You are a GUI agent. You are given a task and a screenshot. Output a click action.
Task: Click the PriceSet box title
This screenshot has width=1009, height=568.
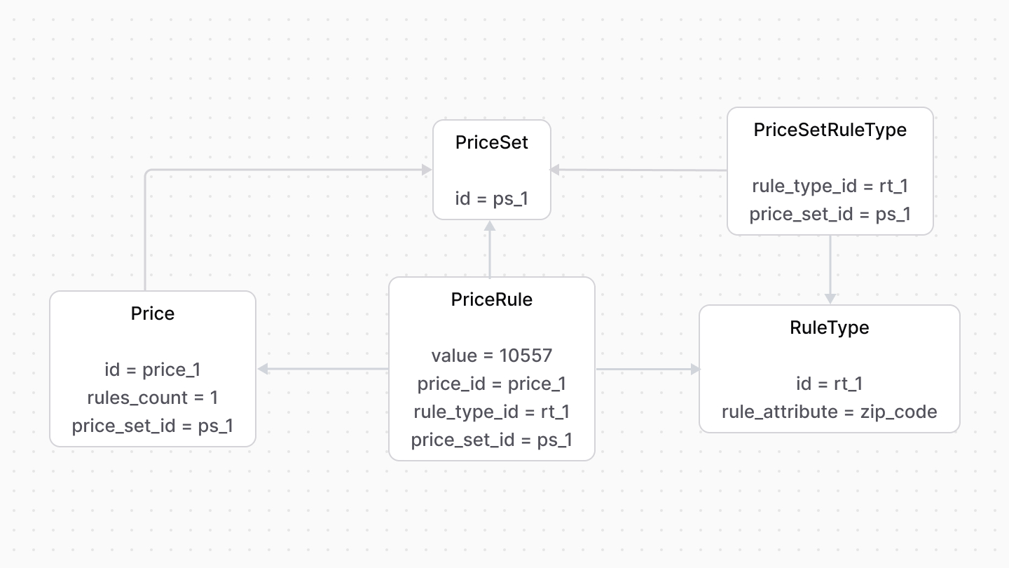[x=491, y=142]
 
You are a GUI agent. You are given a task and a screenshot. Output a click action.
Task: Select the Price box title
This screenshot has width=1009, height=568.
[x=153, y=313]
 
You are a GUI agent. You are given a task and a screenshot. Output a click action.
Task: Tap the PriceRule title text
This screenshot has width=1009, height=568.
[x=491, y=299]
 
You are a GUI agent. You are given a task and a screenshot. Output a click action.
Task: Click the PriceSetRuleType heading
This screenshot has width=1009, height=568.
[x=830, y=130]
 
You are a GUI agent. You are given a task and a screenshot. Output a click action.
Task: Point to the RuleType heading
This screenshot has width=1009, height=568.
[x=829, y=327]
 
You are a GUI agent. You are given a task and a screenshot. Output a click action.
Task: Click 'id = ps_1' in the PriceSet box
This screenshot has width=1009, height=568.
[x=491, y=198]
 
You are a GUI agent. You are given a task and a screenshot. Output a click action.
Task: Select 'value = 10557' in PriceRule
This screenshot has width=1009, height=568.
[x=491, y=356]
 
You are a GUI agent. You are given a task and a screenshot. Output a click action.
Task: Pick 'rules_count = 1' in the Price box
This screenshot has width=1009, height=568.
[x=153, y=398]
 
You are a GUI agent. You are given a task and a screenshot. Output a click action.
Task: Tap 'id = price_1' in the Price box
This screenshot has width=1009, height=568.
[x=153, y=370]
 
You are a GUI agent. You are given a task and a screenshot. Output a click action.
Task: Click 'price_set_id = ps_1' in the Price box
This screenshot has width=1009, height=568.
[x=153, y=426]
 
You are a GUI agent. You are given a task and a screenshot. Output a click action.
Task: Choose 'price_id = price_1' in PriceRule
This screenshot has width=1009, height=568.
[x=491, y=384]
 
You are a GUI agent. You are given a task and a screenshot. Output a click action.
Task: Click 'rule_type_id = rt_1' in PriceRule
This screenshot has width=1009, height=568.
[x=491, y=412]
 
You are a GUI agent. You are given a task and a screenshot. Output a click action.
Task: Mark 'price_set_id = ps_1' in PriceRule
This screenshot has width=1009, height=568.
[x=491, y=440]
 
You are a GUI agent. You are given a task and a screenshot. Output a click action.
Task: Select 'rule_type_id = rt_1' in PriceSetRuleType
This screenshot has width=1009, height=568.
[x=830, y=186]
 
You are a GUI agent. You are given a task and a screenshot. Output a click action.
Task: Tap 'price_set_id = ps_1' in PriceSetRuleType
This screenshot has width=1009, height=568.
[x=830, y=214]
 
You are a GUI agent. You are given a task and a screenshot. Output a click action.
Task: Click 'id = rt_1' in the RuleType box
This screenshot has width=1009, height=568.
[x=829, y=384]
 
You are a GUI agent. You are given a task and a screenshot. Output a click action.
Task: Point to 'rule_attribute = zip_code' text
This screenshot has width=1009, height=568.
[x=829, y=412]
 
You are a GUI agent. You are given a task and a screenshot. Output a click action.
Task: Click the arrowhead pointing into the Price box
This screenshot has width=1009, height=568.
[x=263, y=369]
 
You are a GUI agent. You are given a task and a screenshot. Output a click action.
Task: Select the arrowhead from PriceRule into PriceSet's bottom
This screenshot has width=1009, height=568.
[x=490, y=226]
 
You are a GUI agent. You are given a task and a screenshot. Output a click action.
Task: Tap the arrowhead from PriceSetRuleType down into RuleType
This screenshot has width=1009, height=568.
[x=830, y=299]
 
